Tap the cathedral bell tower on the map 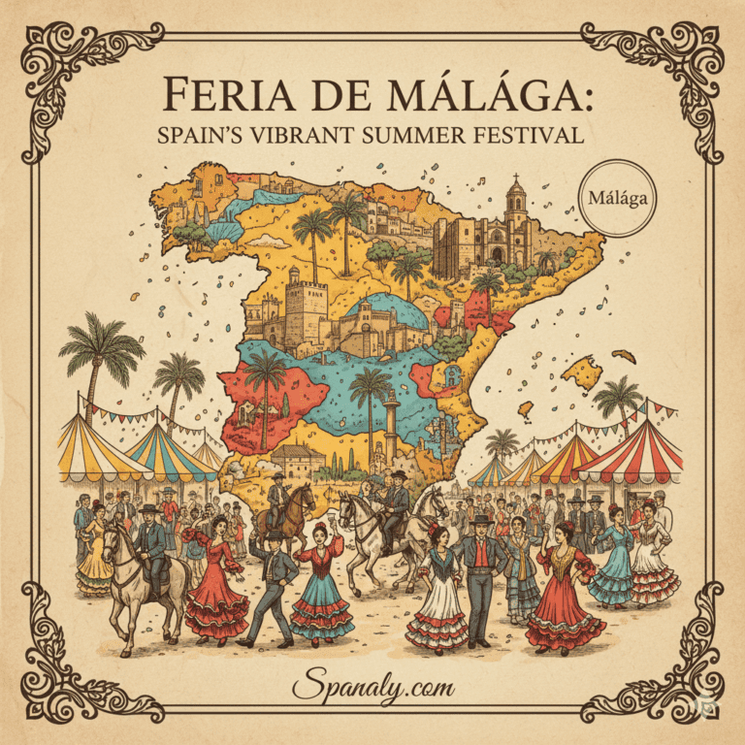[515, 199]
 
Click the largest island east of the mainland [585, 371]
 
